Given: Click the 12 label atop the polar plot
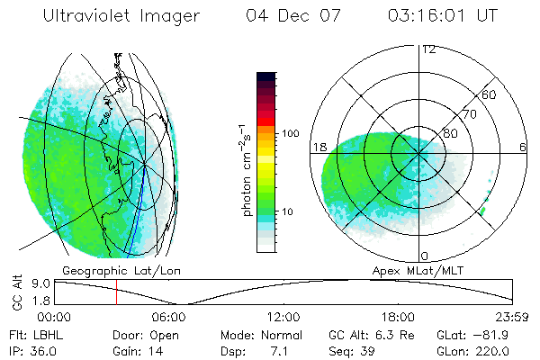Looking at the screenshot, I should pyautogui.click(x=427, y=49).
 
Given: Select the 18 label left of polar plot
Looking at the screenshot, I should pyautogui.click(x=318, y=147).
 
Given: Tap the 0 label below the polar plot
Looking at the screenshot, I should pyautogui.click(x=425, y=256).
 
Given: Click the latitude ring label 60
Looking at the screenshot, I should pyautogui.click(x=489, y=94).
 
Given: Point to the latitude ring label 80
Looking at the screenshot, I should pyautogui.click(x=451, y=131).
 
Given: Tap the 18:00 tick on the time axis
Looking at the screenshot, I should pyautogui.click(x=399, y=317).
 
